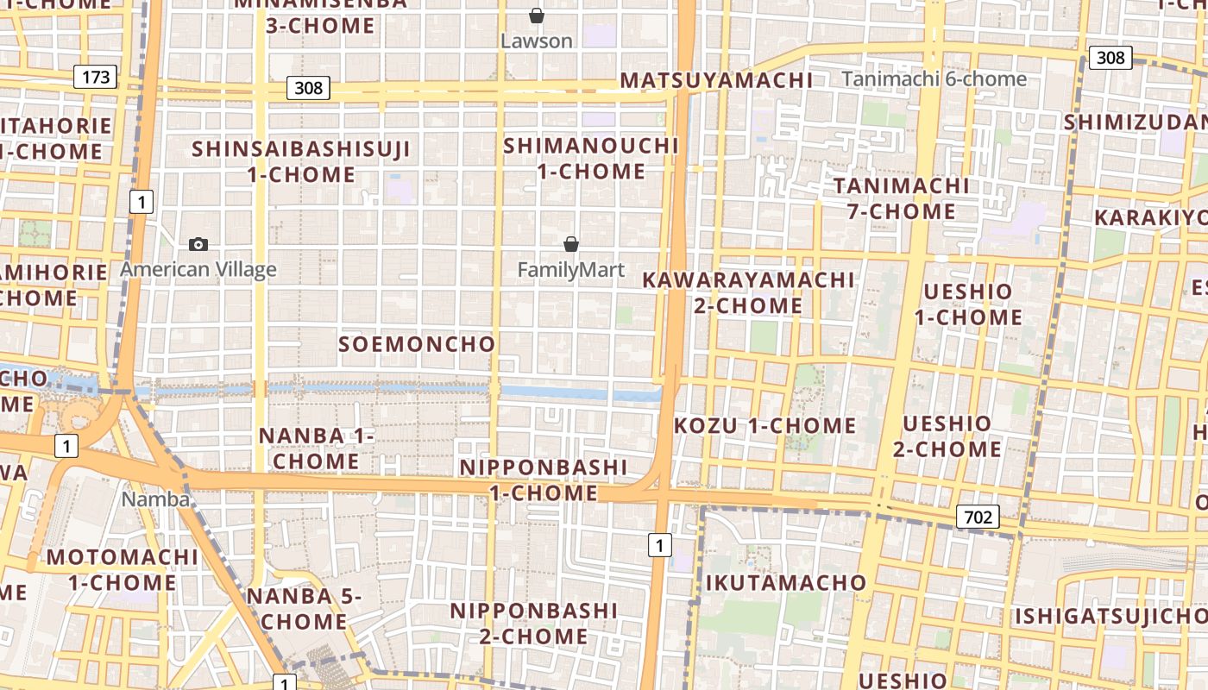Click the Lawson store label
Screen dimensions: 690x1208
coord(537,41)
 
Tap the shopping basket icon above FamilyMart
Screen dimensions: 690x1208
coord(570,244)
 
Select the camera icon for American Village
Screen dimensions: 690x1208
coord(198,245)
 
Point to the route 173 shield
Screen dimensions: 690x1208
coord(95,77)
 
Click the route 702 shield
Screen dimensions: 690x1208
coord(977,517)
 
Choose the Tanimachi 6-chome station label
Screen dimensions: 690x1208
coord(934,79)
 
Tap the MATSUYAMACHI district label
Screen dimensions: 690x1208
coord(716,80)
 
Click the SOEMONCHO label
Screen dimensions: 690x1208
coord(417,344)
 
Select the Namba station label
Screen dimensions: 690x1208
coord(155,499)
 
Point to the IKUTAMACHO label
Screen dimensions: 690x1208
coord(786,582)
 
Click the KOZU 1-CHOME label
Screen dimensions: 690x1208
coord(764,425)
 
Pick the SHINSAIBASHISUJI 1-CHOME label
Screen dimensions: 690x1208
coord(301,161)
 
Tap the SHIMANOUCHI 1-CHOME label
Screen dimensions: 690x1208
coord(591,158)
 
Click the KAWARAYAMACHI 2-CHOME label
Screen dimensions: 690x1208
coord(748,292)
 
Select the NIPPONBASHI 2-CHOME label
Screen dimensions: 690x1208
coord(534,624)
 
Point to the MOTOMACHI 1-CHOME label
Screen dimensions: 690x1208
coord(122,569)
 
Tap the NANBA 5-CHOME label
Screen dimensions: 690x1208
coord(305,608)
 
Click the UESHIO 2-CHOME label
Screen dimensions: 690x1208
coord(947,436)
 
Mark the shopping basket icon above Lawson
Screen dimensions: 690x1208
coord(537,16)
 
